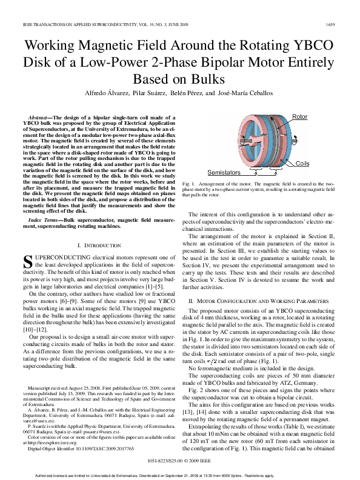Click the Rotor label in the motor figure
point(300,116)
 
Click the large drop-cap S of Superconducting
point(26,262)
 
